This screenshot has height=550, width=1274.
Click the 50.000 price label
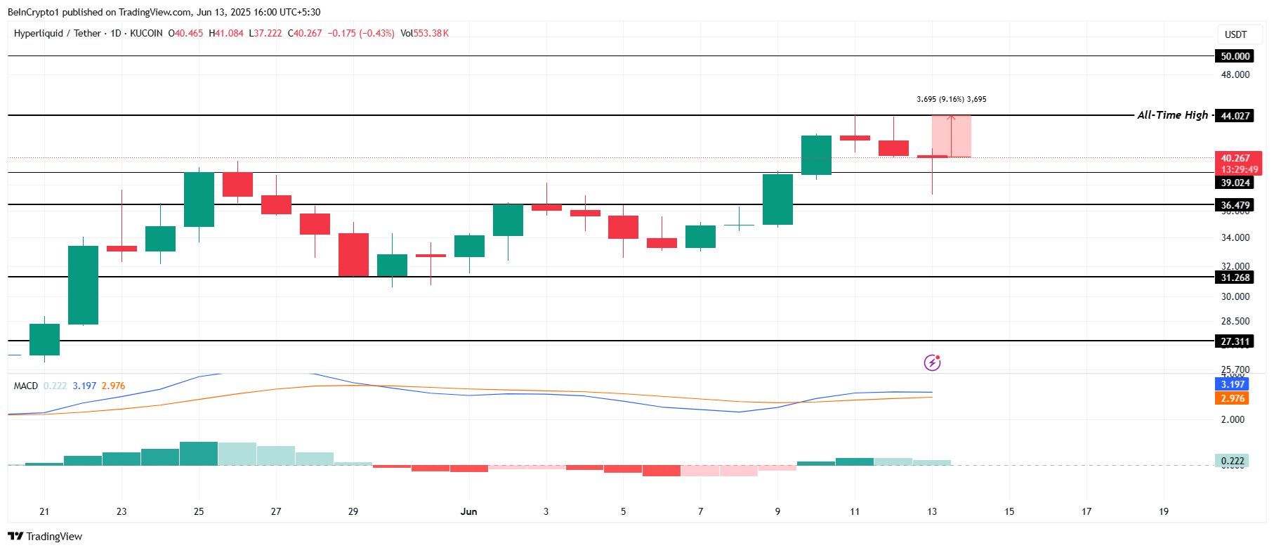click(1234, 56)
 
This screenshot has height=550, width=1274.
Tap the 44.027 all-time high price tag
click(1234, 116)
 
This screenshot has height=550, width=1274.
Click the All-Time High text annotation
click(1172, 115)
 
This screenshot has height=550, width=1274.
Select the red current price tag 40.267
click(1236, 159)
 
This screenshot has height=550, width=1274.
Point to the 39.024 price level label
click(1234, 183)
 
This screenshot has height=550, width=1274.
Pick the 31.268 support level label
click(1234, 277)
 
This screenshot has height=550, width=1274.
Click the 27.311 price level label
click(1234, 341)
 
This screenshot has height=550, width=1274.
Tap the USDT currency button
click(1235, 34)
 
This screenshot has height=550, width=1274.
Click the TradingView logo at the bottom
click(45, 537)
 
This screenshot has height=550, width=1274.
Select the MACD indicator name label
click(26, 386)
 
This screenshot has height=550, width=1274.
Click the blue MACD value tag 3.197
click(1232, 384)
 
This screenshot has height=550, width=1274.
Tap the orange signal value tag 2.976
click(1232, 398)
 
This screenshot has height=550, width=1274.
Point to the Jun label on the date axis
click(468, 511)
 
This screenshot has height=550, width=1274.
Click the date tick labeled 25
click(199, 511)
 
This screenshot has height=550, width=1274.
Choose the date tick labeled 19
click(1163, 511)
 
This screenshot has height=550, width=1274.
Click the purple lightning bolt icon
click(932, 362)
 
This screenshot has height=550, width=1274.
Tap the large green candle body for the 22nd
click(83, 284)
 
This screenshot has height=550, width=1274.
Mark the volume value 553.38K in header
click(431, 33)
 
